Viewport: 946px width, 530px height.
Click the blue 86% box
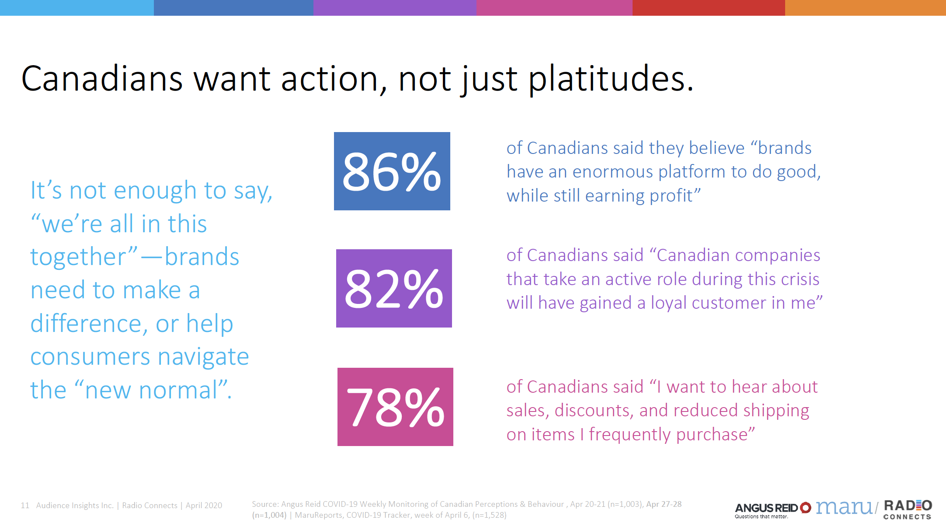(392, 171)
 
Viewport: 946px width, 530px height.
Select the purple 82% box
(394, 288)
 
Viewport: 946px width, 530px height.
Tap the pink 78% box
(395, 407)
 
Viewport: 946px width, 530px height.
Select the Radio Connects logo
(908, 509)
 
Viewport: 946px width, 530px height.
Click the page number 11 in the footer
(25, 506)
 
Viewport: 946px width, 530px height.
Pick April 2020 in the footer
(204, 506)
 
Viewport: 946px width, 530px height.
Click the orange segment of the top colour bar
(865, 8)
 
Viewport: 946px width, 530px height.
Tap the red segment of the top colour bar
(708, 8)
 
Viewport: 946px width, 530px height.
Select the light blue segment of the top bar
(77, 8)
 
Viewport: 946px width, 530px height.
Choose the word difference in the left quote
(86, 324)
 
